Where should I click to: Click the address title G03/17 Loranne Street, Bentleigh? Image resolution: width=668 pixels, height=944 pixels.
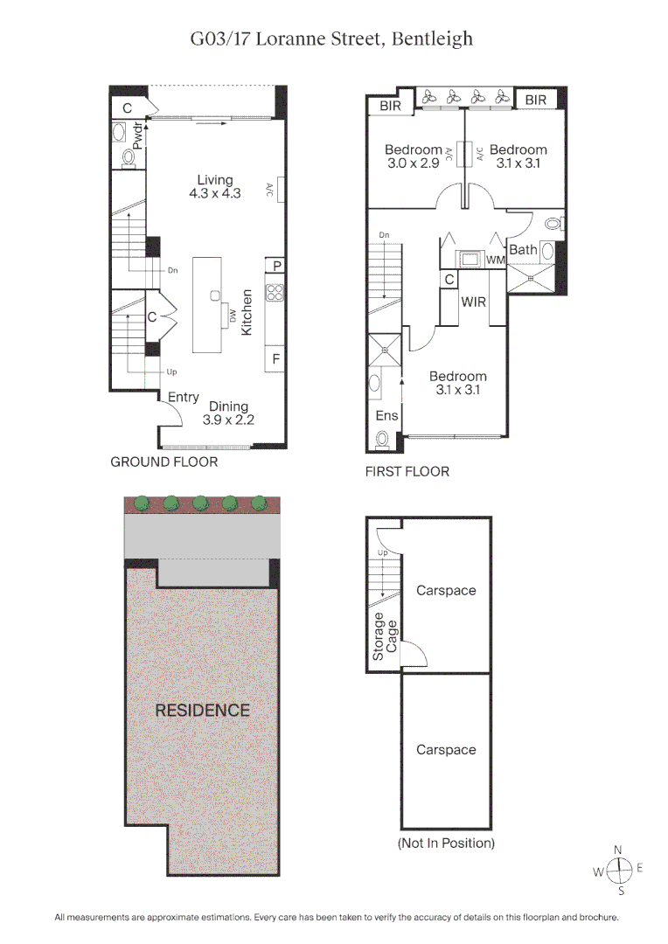pos(332,38)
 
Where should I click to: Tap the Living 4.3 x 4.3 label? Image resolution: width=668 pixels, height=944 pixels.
pos(215,187)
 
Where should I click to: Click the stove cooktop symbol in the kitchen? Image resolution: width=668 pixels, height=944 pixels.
pos(275,292)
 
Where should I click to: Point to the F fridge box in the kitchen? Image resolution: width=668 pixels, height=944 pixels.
pos(275,358)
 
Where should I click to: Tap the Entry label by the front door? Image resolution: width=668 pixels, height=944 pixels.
pos(184,398)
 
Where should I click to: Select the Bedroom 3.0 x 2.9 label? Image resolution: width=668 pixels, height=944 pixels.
pos(414,156)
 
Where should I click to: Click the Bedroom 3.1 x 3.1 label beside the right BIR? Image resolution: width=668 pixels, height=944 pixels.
pos(518,156)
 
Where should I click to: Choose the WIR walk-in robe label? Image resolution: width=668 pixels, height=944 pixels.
pos(474,302)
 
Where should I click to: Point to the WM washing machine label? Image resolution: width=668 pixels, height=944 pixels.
pos(496,260)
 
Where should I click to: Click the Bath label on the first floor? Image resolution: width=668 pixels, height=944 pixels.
pos(523,250)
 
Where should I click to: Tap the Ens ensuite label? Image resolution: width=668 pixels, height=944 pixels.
pos(386,416)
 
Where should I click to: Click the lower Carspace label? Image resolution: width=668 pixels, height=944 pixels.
pos(446,750)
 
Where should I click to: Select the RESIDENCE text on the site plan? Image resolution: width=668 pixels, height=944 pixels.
pos(202,711)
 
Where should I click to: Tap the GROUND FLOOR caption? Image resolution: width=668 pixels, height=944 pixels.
pos(164,462)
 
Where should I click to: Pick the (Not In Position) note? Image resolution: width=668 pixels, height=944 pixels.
pos(446,843)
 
